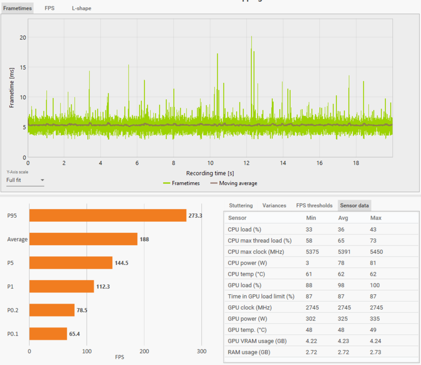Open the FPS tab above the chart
[x=50, y=8]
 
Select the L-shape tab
[x=81, y=8]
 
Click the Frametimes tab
[x=17, y=8]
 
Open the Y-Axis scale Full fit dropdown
[x=25, y=180]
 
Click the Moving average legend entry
[x=238, y=183]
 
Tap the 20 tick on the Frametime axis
[x=23, y=37]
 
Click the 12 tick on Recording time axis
[x=246, y=163]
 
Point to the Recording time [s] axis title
[x=210, y=173]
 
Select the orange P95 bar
[x=108, y=215]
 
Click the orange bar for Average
[x=83, y=239]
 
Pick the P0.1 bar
[x=48, y=334]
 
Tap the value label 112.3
[x=103, y=286]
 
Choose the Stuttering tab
[x=241, y=206]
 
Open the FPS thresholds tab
[x=314, y=206]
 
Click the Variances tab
[x=274, y=206]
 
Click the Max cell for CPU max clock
[x=376, y=252]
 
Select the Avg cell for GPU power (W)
[x=343, y=319]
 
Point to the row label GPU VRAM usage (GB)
[x=257, y=341]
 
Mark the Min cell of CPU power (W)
[x=308, y=263]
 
